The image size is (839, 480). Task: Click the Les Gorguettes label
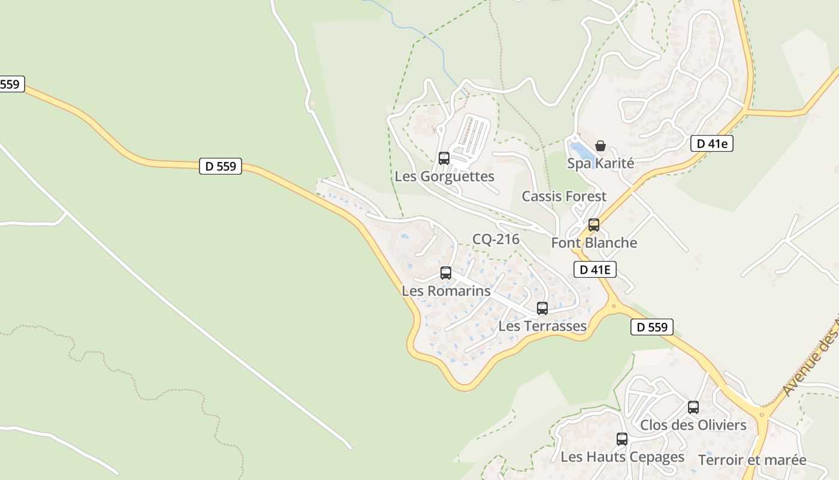(x=444, y=176)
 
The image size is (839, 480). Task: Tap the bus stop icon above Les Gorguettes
(x=444, y=158)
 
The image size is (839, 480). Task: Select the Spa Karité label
(x=600, y=163)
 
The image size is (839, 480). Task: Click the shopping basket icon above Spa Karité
(x=600, y=146)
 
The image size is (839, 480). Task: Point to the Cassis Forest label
(x=564, y=196)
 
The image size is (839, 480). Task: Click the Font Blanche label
(x=594, y=243)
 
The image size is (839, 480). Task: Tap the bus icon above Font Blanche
(x=594, y=225)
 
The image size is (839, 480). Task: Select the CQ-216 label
(x=496, y=239)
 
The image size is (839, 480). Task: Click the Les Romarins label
(x=446, y=291)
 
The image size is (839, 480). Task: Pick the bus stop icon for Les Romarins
(x=446, y=273)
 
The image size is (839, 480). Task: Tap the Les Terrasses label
(x=542, y=326)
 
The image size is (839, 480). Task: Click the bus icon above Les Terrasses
(x=542, y=308)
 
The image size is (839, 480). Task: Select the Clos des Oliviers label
(x=693, y=425)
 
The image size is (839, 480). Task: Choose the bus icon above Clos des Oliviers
(x=693, y=407)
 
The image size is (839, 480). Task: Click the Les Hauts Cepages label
(x=622, y=457)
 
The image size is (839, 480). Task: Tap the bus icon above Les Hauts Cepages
(x=622, y=439)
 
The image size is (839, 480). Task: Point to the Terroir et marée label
(x=752, y=460)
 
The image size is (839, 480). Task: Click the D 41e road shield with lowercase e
(x=712, y=143)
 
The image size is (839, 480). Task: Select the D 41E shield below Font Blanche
(x=595, y=269)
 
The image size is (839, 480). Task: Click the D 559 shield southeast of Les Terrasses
(x=652, y=327)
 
